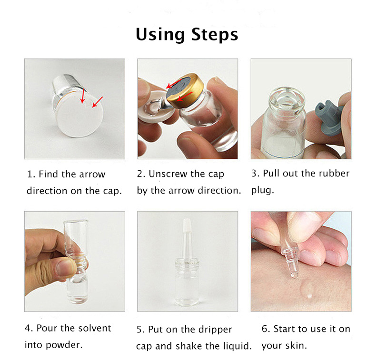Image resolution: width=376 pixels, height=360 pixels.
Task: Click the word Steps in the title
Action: pos(215,35)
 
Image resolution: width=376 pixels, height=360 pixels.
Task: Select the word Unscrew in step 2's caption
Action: pos(168,174)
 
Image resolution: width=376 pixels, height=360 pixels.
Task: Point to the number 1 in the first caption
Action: pos(30,175)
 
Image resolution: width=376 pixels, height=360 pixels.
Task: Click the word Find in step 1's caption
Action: pos(49,175)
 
